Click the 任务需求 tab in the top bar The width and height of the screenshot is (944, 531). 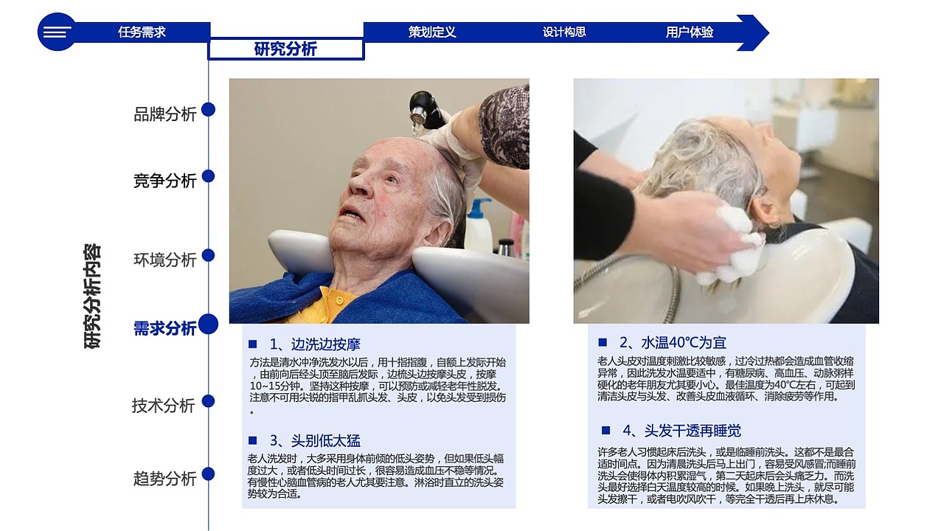tap(142, 32)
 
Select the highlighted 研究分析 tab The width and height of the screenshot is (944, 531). tap(285, 49)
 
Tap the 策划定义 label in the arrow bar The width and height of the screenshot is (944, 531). tap(432, 32)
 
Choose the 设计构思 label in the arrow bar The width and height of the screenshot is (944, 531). tap(564, 32)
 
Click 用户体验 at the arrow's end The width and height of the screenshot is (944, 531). tap(690, 32)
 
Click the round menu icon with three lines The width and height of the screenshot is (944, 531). tap(57, 32)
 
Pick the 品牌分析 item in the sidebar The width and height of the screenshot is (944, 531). tap(165, 114)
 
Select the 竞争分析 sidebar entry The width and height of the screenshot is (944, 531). tap(165, 181)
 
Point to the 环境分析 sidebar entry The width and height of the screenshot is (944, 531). tap(165, 260)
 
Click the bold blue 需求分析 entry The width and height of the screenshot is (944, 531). tap(165, 328)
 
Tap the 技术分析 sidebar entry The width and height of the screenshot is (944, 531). tap(164, 406)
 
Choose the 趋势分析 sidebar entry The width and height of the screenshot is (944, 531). tap(165, 479)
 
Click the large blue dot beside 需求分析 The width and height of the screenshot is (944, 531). tap(209, 324)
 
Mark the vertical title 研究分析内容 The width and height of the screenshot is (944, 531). tap(93, 296)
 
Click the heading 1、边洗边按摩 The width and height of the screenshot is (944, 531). tap(315, 344)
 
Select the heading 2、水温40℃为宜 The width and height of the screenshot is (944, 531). tap(673, 343)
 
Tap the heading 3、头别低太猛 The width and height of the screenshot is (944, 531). tap(315, 441)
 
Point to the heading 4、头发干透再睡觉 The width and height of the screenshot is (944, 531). tap(681, 431)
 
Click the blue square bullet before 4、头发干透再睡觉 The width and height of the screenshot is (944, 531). tap(606, 430)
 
